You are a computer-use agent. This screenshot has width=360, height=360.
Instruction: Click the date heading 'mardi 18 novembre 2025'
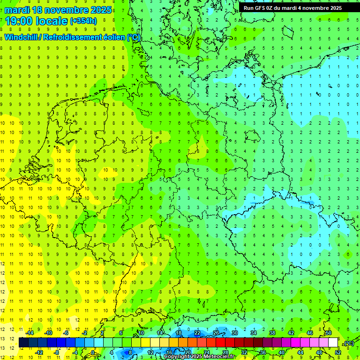59,10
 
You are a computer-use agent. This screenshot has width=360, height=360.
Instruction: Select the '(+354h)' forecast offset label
83,21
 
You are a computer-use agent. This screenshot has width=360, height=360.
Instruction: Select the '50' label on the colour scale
328,332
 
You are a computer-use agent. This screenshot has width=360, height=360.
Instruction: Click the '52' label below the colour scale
338,352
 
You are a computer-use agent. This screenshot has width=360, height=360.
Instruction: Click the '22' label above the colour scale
197,332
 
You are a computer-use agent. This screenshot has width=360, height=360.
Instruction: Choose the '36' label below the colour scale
263,352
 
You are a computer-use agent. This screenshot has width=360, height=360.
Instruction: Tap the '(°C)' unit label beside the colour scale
348,343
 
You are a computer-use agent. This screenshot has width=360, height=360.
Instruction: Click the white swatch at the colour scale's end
333,343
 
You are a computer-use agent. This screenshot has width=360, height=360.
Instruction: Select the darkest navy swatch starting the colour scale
23,343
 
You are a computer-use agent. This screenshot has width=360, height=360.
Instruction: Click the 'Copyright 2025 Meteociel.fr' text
199,357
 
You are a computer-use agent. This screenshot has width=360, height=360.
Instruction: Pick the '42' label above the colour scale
291,332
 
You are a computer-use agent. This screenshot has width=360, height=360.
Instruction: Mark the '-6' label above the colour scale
66,332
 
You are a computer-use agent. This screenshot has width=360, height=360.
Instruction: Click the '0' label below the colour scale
94,352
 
